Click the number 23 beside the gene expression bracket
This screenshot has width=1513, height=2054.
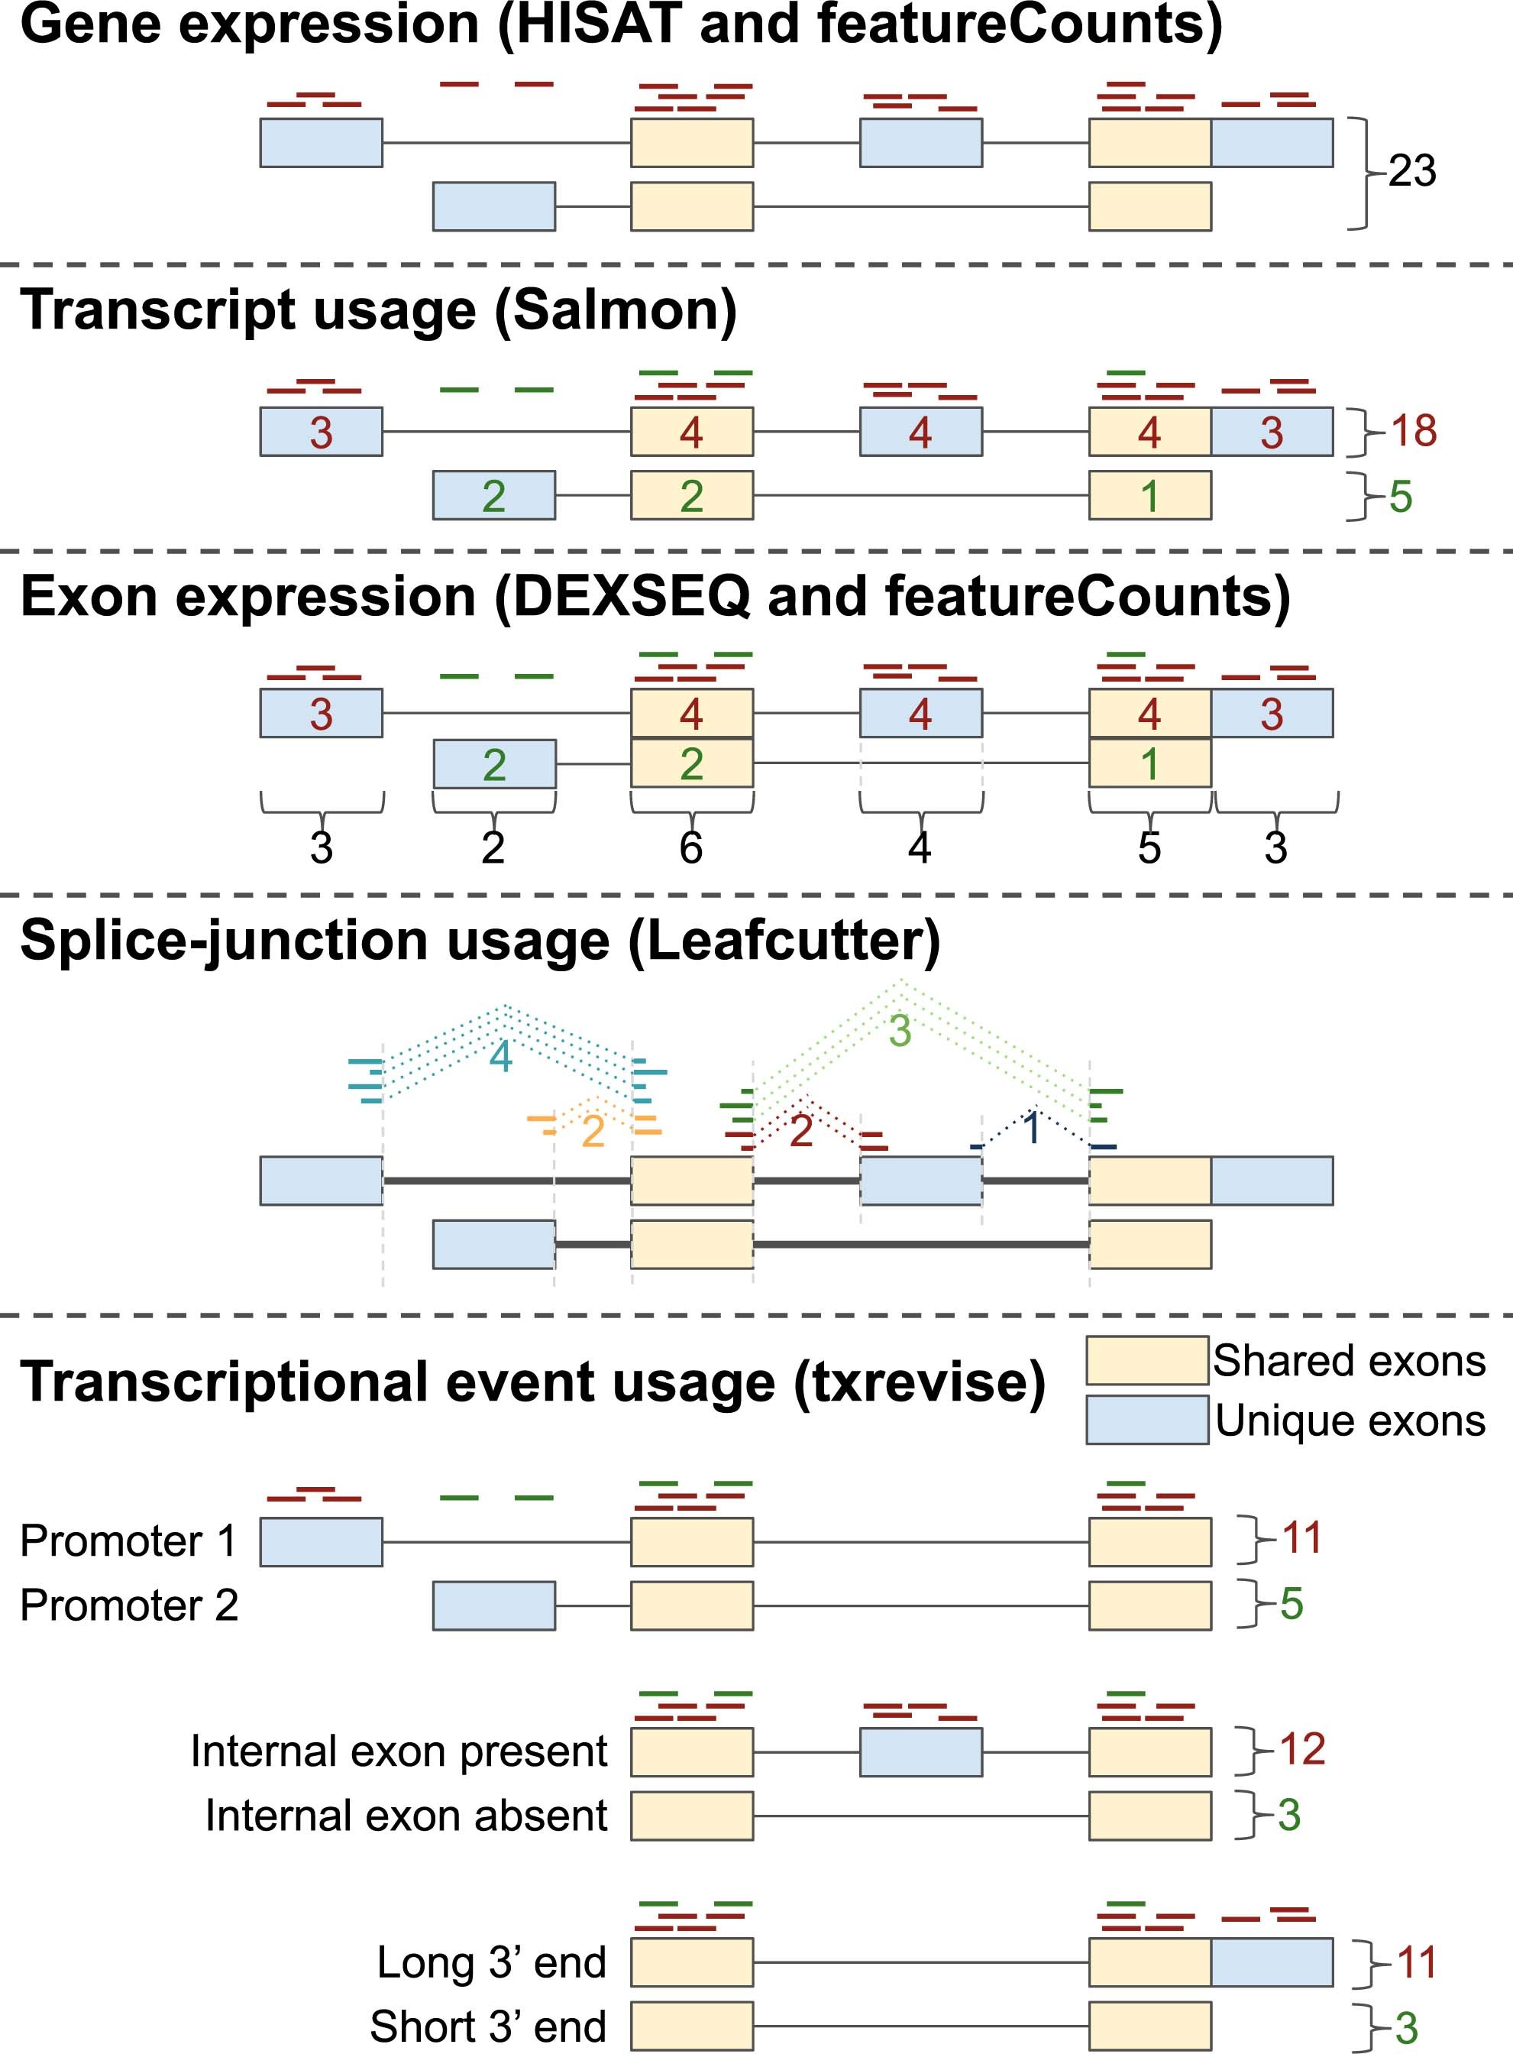(1411, 171)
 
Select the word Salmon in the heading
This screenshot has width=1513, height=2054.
(616, 310)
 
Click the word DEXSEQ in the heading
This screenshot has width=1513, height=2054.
(631, 598)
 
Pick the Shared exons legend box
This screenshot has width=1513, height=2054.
(1146, 1359)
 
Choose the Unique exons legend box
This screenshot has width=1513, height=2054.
(1146, 1419)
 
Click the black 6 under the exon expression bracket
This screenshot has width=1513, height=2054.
(690, 847)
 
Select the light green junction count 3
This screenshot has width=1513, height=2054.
(900, 1031)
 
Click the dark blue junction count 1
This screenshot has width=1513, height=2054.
(1032, 1129)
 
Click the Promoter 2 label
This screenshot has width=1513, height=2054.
(129, 1605)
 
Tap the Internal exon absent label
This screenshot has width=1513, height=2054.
(406, 1815)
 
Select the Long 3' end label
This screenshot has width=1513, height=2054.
(491, 1962)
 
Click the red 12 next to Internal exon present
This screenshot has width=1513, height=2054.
(1301, 1749)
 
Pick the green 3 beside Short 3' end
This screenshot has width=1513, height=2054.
(1406, 2028)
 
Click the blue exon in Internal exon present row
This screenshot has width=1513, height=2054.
(920, 1751)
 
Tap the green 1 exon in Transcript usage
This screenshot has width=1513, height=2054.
(1149, 496)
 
